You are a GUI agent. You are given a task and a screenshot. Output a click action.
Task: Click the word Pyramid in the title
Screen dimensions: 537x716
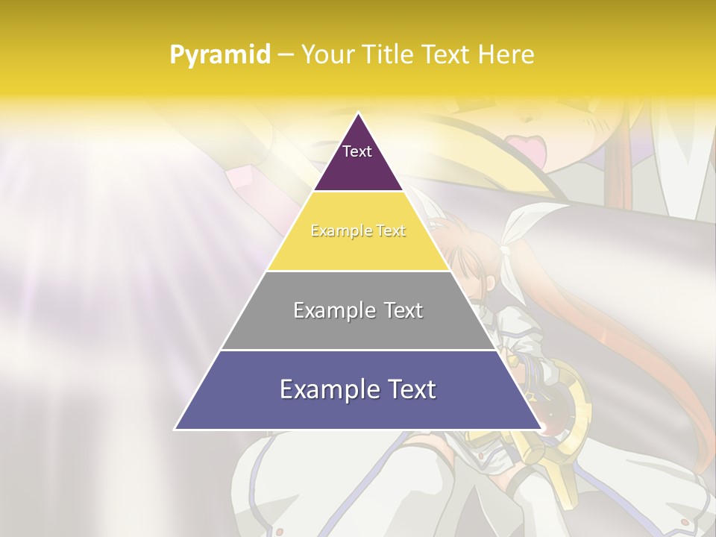[220, 55]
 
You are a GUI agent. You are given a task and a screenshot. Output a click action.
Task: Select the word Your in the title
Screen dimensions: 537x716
[328, 54]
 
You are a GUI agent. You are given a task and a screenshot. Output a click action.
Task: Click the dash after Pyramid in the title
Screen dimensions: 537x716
[285, 55]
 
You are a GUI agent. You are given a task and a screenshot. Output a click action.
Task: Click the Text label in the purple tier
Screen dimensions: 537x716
[357, 151]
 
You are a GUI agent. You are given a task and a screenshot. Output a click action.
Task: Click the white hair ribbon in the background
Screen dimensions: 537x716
[522, 224]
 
